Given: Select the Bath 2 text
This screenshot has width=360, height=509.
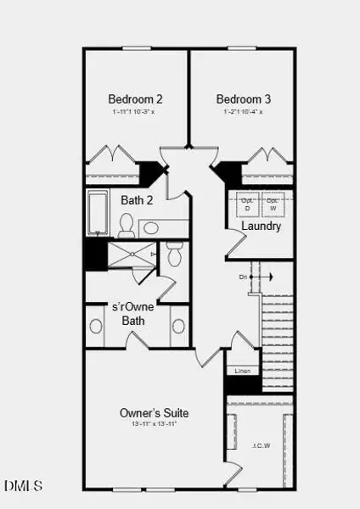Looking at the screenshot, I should pos(136,201).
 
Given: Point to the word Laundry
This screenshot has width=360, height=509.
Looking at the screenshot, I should pos(261,227).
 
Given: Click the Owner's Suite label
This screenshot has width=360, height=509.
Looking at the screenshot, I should pos(154,413).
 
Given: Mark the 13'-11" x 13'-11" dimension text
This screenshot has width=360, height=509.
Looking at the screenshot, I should pos(154,426).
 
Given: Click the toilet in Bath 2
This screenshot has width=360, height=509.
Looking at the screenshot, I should pos(127,225).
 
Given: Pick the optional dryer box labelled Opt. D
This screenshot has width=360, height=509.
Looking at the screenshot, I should pos(248,204).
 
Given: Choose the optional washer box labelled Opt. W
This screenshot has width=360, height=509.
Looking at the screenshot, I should pos(273,204).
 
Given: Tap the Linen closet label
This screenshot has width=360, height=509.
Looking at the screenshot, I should pos(241,370).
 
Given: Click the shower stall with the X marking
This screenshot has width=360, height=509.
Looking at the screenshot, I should pos(131,254).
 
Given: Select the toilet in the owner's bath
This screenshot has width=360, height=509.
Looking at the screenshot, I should pos(174,254).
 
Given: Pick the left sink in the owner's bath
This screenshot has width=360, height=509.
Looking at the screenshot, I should pos(96,327).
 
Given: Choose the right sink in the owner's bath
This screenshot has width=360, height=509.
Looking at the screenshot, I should pos(178,327).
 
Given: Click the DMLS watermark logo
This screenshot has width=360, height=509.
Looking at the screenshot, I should pos(24,486).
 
